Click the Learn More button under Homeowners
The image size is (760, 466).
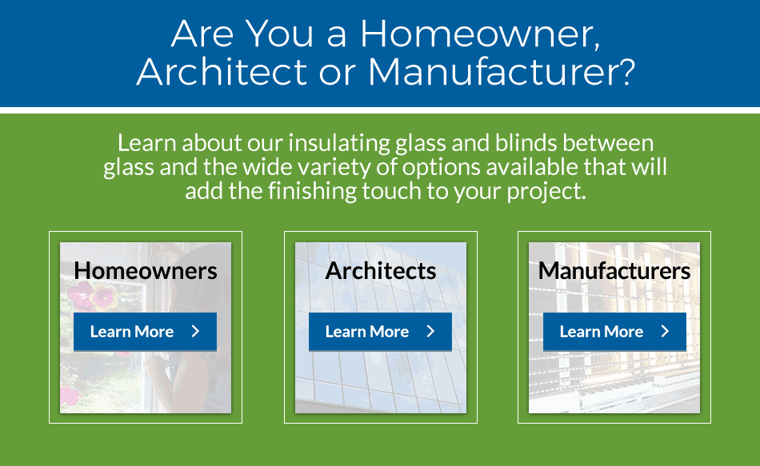pyautogui.click(x=145, y=332)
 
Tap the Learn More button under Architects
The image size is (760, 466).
pyautogui.click(x=380, y=332)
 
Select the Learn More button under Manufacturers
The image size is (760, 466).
pyautogui.click(x=614, y=332)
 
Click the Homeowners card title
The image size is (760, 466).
pyautogui.click(x=146, y=271)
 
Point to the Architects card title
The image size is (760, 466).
pyautogui.click(x=381, y=271)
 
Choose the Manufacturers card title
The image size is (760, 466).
pyautogui.click(x=614, y=271)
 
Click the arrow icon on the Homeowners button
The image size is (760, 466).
pyautogui.click(x=195, y=332)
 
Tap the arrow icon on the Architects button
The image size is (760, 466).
pyautogui.click(x=430, y=332)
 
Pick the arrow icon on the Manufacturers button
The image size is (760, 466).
pyautogui.click(x=665, y=332)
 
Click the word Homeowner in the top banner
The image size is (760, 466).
pyautogui.click(x=477, y=34)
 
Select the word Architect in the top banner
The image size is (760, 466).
pyautogui.click(x=222, y=72)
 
